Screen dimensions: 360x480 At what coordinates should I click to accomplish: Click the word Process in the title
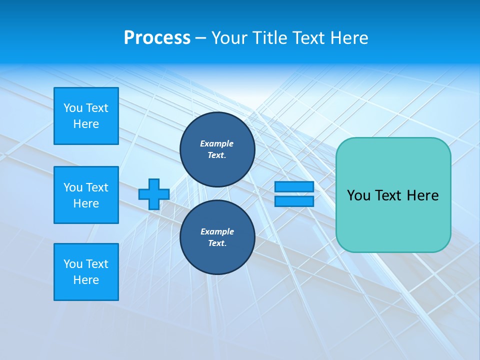(x=157, y=38)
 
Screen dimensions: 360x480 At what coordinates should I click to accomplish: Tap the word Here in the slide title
(x=349, y=38)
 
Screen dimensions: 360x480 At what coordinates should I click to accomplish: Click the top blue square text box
(x=86, y=116)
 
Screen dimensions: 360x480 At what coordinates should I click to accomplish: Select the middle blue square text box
(x=86, y=195)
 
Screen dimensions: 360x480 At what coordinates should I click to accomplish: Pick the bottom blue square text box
(x=86, y=272)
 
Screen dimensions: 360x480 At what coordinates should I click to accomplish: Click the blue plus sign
(x=154, y=194)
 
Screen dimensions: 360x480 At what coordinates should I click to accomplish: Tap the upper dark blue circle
(x=217, y=149)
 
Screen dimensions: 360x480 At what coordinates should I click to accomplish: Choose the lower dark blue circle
(x=217, y=237)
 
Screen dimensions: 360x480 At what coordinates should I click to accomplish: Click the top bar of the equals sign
(x=294, y=187)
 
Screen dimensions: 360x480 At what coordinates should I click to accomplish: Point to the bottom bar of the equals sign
(x=294, y=201)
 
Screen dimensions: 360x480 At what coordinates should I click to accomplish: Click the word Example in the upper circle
(x=217, y=143)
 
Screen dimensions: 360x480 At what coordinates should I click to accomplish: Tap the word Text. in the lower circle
(x=217, y=243)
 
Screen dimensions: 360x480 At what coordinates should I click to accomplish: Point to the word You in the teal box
(x=358, y=195)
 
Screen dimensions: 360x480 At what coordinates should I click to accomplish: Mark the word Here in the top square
(x=86, y=124)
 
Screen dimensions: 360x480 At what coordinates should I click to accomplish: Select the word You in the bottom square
(x=73, y=264)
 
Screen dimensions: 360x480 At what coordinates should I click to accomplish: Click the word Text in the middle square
(x=97, y=187)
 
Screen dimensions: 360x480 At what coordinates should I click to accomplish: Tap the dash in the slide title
(x=200, y=38)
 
